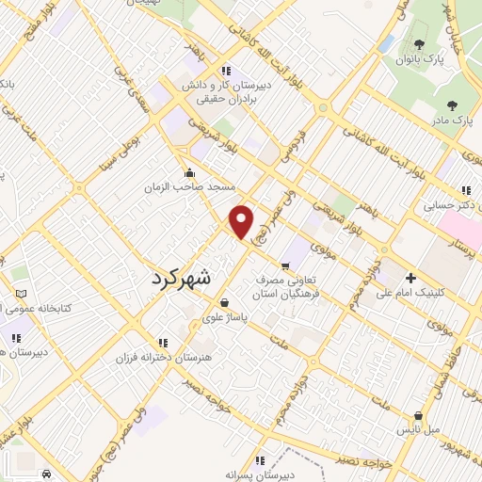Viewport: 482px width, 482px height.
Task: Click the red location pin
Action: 242,221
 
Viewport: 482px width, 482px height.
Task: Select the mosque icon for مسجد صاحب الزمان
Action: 191,171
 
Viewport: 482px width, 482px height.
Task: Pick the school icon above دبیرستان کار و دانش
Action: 224,70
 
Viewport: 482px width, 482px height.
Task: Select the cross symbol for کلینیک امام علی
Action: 410,278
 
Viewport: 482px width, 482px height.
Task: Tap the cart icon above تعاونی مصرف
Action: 285,265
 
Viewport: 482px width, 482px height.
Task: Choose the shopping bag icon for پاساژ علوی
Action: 224,302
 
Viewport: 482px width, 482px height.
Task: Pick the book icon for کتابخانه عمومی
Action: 21,294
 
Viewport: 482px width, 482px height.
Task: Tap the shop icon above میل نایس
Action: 418,415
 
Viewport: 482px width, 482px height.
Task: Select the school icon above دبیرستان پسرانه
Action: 260,459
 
